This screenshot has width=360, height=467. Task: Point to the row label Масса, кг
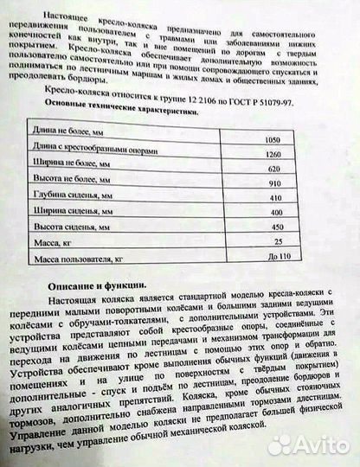(52, 244)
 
